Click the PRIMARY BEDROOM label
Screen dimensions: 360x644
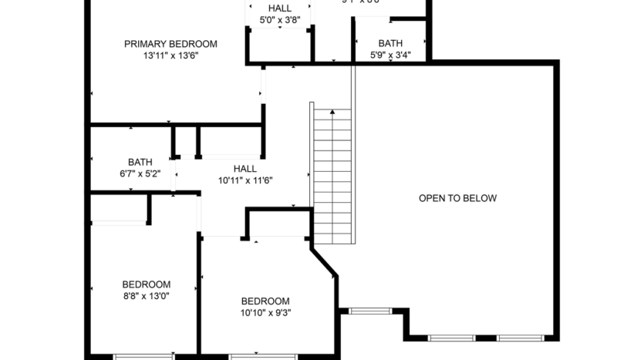point(170,44)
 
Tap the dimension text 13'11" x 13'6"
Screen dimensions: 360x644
point(170,56)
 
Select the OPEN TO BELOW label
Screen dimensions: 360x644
point(457,198)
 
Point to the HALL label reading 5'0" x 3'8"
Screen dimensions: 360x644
point(279,8)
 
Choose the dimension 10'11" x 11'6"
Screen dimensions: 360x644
point(244,180)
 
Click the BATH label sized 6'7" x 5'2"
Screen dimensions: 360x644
point(140,162)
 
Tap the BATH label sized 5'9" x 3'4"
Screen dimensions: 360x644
point(389,43)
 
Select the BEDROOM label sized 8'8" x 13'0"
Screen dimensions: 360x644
point(146,284)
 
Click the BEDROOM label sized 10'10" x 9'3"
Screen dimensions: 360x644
point(265,301)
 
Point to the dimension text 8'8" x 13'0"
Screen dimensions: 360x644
point(146,296)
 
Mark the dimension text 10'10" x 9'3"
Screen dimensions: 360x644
point(265,312)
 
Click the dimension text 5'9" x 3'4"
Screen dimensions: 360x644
point(389,55)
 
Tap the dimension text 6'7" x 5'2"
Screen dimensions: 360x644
point(140,174)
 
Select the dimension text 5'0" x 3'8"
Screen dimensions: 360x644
point(279,21)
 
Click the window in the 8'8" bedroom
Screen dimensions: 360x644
point(144,356)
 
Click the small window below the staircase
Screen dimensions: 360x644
point(370,311)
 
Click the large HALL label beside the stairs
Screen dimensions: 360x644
point(244,169)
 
